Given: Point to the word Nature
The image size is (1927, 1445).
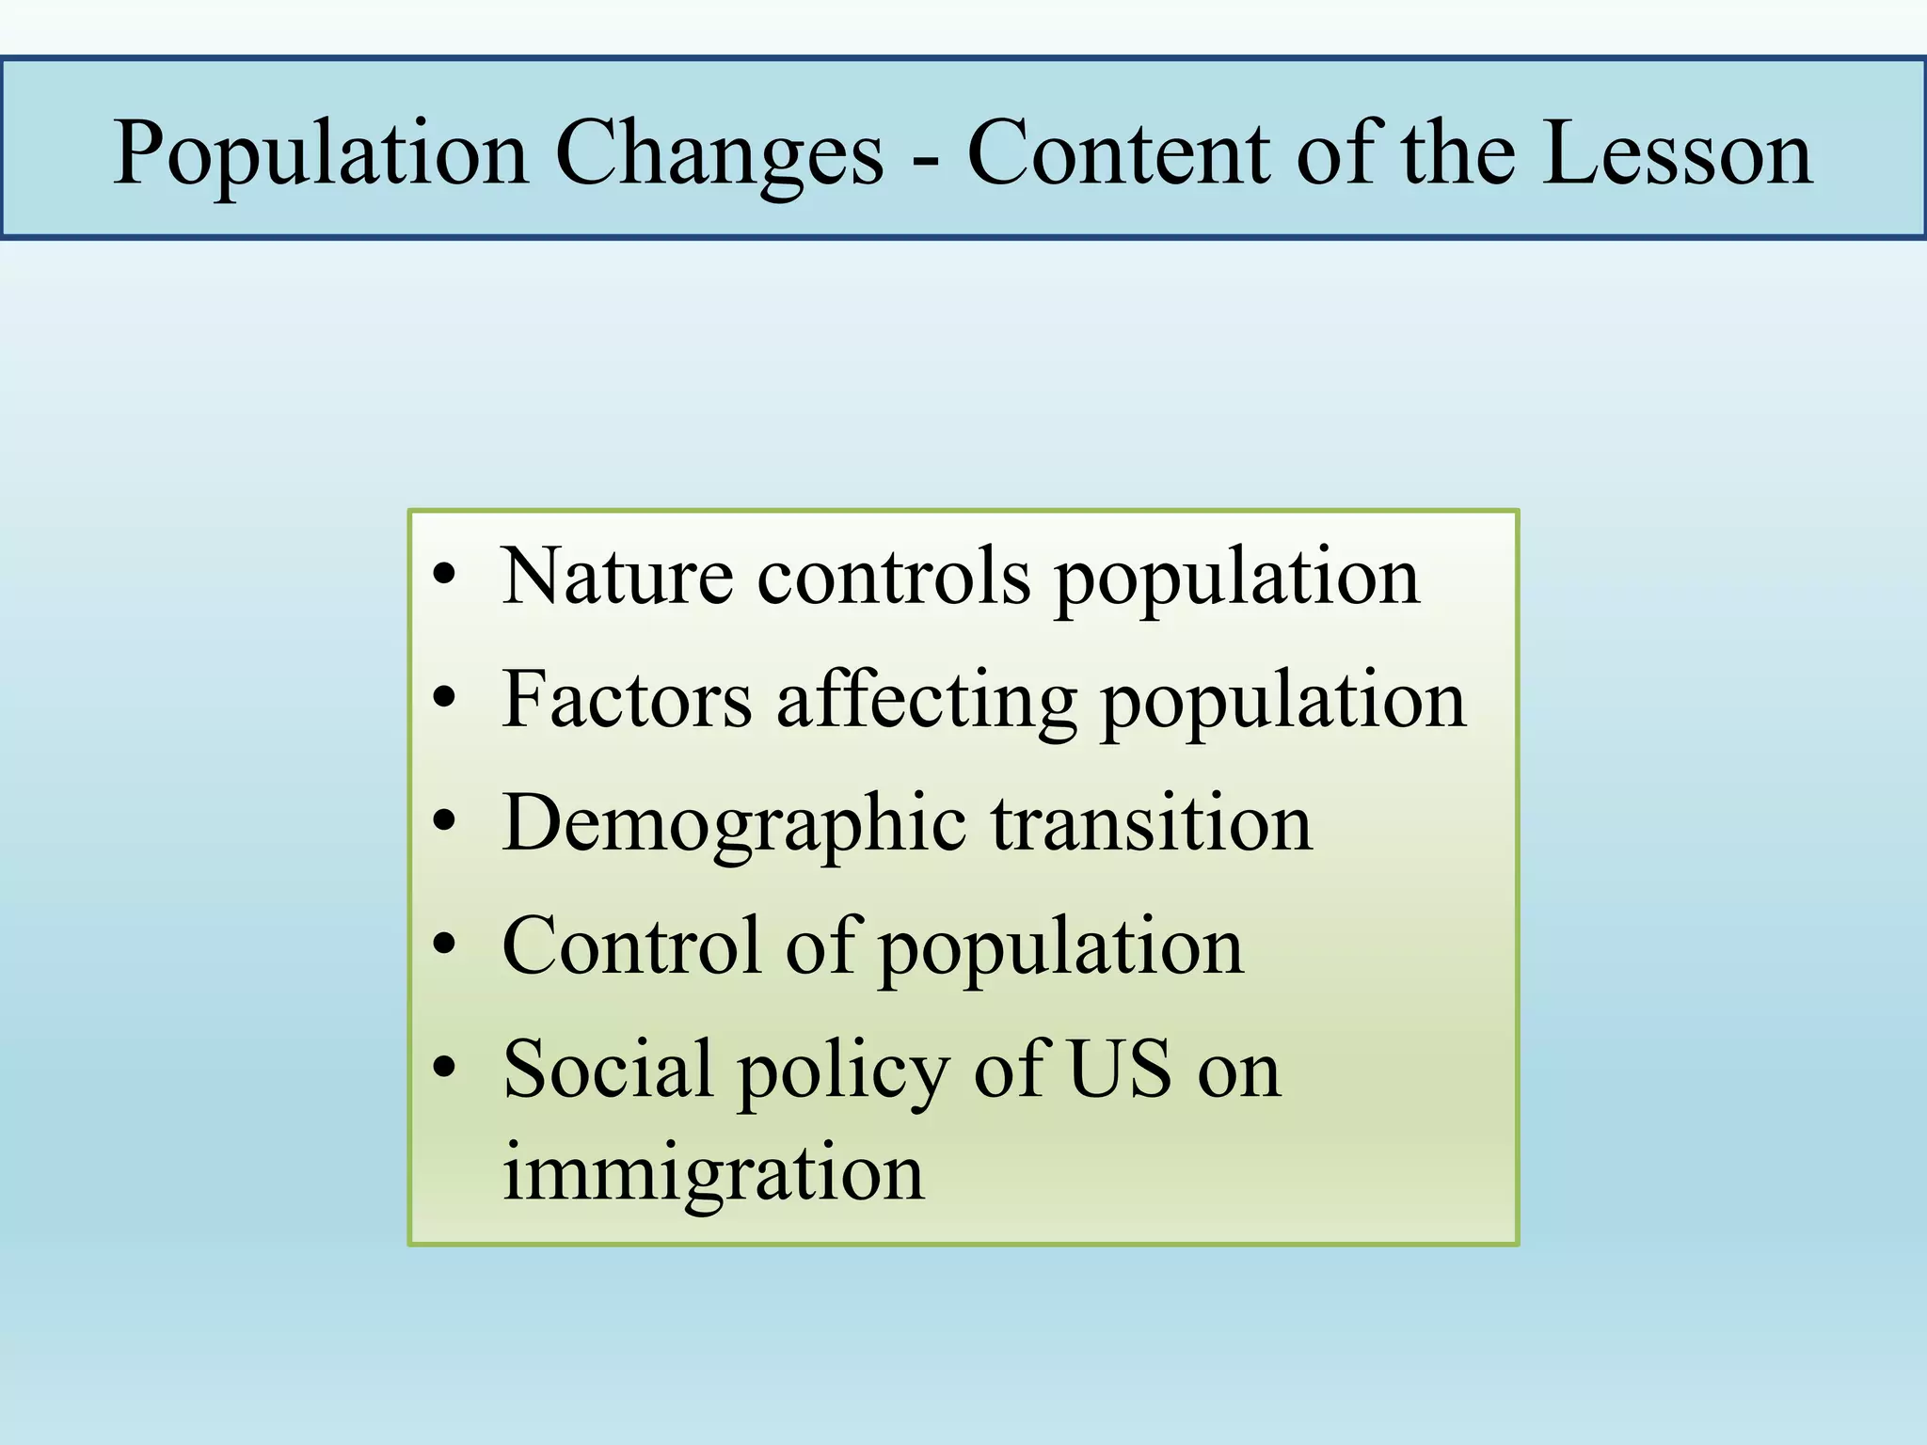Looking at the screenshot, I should (x=617, y=576).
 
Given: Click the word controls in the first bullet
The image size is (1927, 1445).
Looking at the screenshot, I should (x=894, y=576).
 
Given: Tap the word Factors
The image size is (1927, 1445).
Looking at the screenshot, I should (x=627, y=700).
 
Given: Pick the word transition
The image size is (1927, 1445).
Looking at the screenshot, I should (x=1152, y=822).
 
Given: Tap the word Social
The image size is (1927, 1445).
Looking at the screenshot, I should (x=608, y=1069).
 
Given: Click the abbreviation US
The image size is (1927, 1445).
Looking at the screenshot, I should (x=1121, y=1069).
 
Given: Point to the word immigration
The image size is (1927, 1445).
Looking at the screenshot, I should (x=713, y=1174).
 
